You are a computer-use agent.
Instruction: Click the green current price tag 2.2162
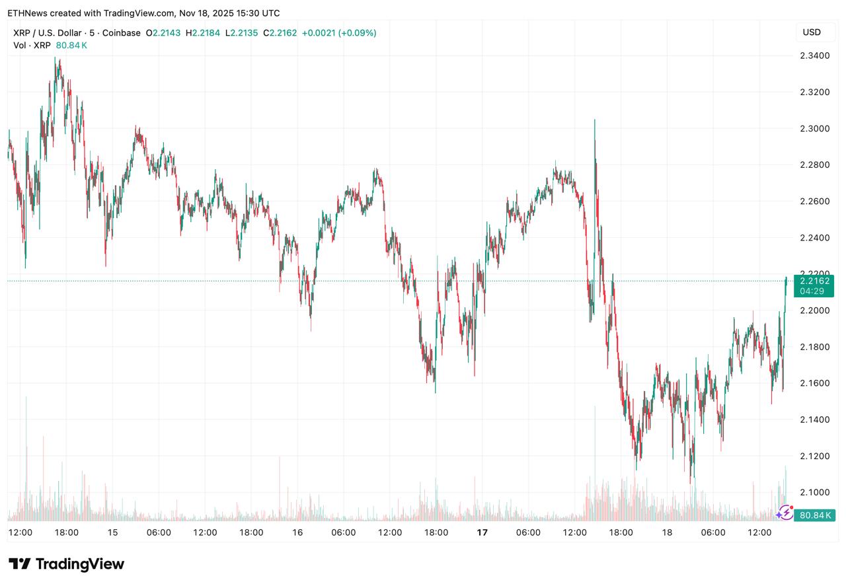[x=814, y=281]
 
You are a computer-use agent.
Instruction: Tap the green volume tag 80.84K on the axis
[x=814, y=515]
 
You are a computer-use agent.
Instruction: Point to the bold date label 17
[x=482, y=532]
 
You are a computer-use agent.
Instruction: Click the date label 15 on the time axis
[x=112, y=532]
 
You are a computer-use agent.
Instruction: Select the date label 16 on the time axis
[x=297, y=532]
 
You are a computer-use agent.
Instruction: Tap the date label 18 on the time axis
[x=667, y=532]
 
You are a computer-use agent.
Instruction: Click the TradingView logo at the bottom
[x=66, y=564]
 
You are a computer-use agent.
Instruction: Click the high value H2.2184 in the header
[x=205, y=33]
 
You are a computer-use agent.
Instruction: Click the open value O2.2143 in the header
[x=165, y=33]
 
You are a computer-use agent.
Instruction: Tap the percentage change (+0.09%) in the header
[x=357, y=33]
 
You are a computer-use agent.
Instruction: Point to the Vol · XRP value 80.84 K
[x=71, y=45]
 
